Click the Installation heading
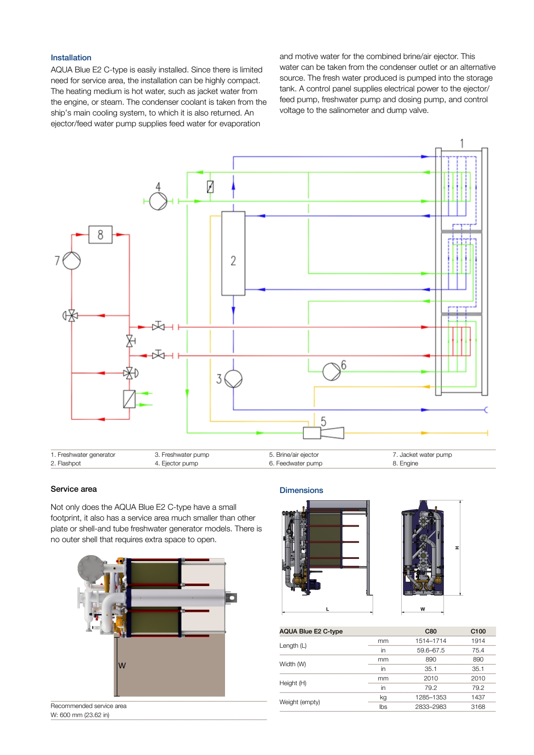(x=71, y=58)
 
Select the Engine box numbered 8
(x=100, y=234)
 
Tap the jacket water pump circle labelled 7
(x=72, y=261)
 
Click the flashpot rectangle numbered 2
(x=233, y=253)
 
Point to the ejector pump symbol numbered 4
(x=158, y=201)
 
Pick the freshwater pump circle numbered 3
(x=233, y=379)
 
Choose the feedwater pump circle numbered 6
(x=331, y=371)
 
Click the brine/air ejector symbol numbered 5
(x=323, y=432)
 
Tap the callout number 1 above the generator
(x=462, y=144)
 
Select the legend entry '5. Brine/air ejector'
(x=294, y=455)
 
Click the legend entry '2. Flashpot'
(x=66, y=463)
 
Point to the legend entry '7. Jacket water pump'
(x=422, y=455)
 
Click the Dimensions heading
(x=301, y=490)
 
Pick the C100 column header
(x=478, y=631)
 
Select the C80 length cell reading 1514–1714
(x=431, y=641)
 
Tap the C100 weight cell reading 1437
(x=478, y=697)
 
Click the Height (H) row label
(x=293, y=683)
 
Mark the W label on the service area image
(x=122, y=665)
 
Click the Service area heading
(x=74, y=489)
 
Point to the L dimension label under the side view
(x=328, y=609)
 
